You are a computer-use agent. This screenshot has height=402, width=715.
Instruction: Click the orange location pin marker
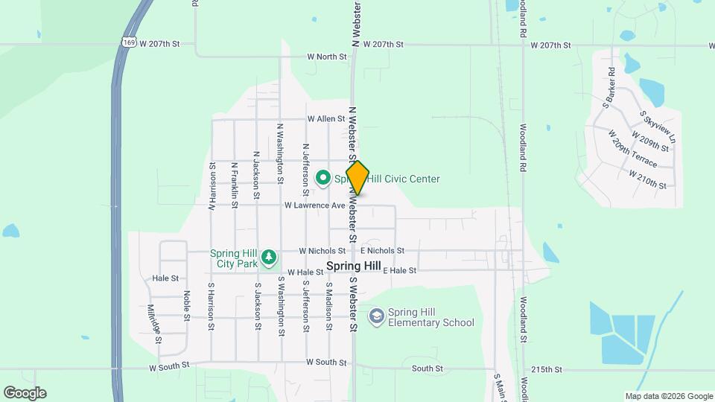[357, 178]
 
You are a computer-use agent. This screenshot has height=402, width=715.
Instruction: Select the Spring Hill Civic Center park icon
[323, 178]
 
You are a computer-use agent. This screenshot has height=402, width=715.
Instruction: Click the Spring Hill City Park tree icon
[269, 258]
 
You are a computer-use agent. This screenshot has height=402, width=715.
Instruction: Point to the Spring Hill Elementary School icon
[377, 316]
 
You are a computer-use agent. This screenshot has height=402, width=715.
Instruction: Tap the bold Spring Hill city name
[354, 266]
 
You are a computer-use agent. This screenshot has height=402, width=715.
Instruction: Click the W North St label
[328, 57]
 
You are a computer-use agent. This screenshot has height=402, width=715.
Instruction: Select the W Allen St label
[327, 118]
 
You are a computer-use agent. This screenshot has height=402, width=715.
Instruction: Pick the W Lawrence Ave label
[314, 205]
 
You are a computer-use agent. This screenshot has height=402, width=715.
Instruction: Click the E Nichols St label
[382, 252]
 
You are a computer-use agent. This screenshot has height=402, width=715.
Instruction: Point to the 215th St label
[547, 369]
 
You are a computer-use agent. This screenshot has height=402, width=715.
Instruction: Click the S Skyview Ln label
[658, 127]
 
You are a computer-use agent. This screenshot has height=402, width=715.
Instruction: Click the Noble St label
[186, 307]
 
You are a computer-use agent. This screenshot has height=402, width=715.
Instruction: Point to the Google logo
[25, 393]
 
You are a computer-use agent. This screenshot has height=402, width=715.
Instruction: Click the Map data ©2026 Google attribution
[669, 396]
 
